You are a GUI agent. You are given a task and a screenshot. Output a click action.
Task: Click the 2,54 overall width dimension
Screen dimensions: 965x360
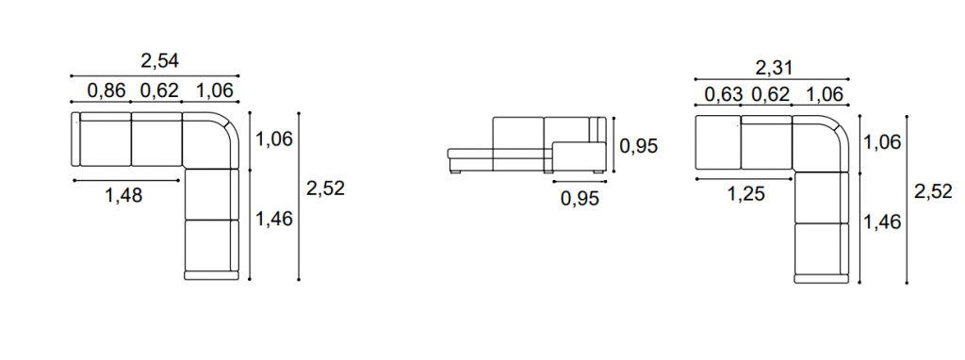pyautogui.click(x=160, y=61)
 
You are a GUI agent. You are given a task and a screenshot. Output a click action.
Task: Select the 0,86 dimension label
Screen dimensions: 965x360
pyautogui.click(x=106, y=91)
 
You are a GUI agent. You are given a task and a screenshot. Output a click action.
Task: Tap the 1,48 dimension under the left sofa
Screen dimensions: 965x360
pyautogui.click(x=123, y=196)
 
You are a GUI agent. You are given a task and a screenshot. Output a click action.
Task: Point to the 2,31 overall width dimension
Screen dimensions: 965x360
pyautogui.click(x=774, y=68)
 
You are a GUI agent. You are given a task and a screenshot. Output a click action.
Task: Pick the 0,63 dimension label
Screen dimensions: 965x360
pyautogui.click(x=723, y=95)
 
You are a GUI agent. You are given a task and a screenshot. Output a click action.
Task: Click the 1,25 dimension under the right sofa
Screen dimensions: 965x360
pyautogui.click(x=746, y=194)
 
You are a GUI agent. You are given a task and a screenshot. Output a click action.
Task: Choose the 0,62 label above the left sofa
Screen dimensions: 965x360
pyautogui.click(x=159, y=91)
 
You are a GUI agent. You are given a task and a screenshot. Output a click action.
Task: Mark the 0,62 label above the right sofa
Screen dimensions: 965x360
pyautogui.click(x=770, y=95)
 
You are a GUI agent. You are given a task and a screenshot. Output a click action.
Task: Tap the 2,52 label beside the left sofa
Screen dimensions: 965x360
pyautogui.click(x=325, y=188)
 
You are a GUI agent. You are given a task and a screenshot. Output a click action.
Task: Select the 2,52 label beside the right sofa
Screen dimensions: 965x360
pyautogui.click(x=933, y=192)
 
